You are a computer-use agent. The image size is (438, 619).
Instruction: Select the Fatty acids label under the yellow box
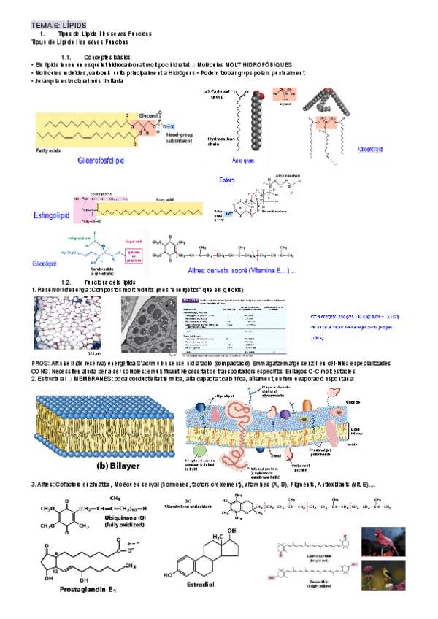[x=52, y=151]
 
